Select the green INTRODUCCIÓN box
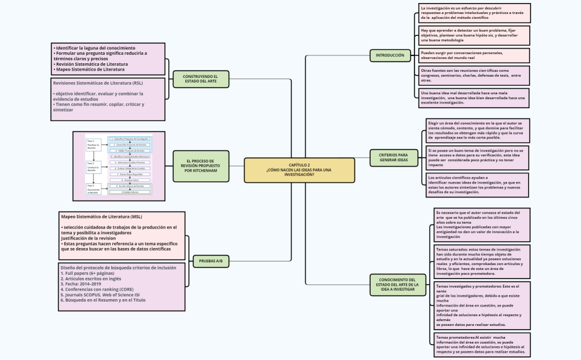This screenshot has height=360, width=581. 390,55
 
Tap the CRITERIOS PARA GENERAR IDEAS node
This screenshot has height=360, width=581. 394,157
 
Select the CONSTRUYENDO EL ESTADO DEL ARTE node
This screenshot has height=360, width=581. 200,78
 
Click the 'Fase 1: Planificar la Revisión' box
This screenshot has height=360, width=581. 94,145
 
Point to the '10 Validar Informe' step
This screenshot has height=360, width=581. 130,192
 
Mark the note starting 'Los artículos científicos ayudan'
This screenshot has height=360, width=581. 474,184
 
